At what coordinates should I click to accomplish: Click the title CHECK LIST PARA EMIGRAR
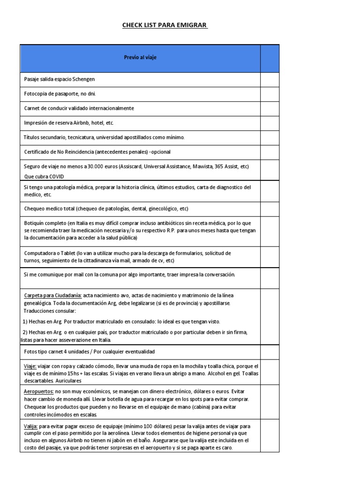pos(165,25)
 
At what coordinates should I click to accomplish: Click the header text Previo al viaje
pos(140,58)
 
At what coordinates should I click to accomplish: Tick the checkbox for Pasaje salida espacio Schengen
pos(270,80)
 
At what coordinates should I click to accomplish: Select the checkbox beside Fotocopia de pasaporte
pos(270,94)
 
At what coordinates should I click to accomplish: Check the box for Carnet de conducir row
pos(270,109)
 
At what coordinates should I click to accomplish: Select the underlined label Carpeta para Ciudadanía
pos(53,295)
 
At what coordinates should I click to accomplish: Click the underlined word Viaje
pos(30,366)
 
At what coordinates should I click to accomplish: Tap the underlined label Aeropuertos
pos(38,391)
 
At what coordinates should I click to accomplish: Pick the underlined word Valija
pos(30,427)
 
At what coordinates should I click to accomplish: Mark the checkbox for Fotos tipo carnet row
pos(270,352)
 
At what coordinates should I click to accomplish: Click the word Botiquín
pos(35,223)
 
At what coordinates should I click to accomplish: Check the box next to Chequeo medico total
pos(270,209)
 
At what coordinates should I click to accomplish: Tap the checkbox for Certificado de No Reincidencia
pos(270,152)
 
